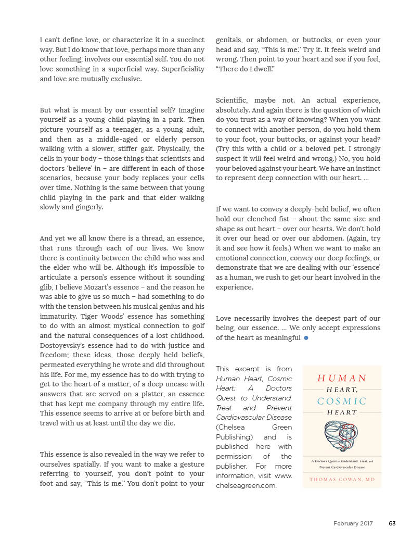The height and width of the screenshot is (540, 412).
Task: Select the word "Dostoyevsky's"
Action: (65, 346)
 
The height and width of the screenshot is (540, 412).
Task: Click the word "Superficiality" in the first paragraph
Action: (181, 69)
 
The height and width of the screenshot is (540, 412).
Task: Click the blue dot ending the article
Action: (306, 338)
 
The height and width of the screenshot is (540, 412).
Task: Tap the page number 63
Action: (392, 524)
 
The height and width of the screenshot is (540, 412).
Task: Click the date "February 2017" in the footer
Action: (353, 524)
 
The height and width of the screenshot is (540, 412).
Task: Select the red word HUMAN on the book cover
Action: (342, 379)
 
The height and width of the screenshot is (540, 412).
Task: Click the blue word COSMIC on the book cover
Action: (342, 401)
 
